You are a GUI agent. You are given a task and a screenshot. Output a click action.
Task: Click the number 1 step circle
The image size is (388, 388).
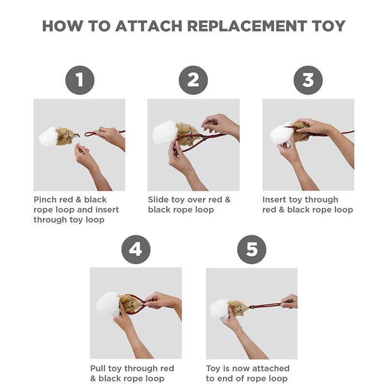pos(79,80)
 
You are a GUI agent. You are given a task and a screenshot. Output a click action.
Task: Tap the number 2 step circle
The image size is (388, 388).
pos(193,80)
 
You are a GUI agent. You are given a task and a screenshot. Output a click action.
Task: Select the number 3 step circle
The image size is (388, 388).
pos(308,80)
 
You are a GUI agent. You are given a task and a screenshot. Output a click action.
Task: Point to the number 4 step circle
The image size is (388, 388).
pos(136,249)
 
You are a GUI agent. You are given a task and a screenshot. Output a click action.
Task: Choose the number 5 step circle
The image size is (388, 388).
pos(252,249)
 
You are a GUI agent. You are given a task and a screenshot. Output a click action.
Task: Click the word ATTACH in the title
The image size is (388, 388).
pos(149,26)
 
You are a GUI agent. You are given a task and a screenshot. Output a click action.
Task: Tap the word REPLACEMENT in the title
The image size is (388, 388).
pos(247,26)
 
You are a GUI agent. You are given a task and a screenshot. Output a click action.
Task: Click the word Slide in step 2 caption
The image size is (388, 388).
pos(158,199)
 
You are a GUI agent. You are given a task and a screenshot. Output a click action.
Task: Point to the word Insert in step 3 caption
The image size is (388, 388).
pos(274,199)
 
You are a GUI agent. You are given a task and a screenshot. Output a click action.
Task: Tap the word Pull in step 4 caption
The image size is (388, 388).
pos(97,369)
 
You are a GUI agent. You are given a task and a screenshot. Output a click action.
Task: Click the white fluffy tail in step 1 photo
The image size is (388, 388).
pos(48,137)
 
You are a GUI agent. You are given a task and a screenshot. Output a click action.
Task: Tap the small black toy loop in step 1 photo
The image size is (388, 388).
pos(77,134)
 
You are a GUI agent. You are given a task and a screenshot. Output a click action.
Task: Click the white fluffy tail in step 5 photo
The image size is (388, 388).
pos(220,309)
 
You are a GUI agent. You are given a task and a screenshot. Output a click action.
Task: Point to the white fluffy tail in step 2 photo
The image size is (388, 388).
pos(164,132)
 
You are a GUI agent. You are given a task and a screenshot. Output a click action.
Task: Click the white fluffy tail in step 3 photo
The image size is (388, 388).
pos(281,134)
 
